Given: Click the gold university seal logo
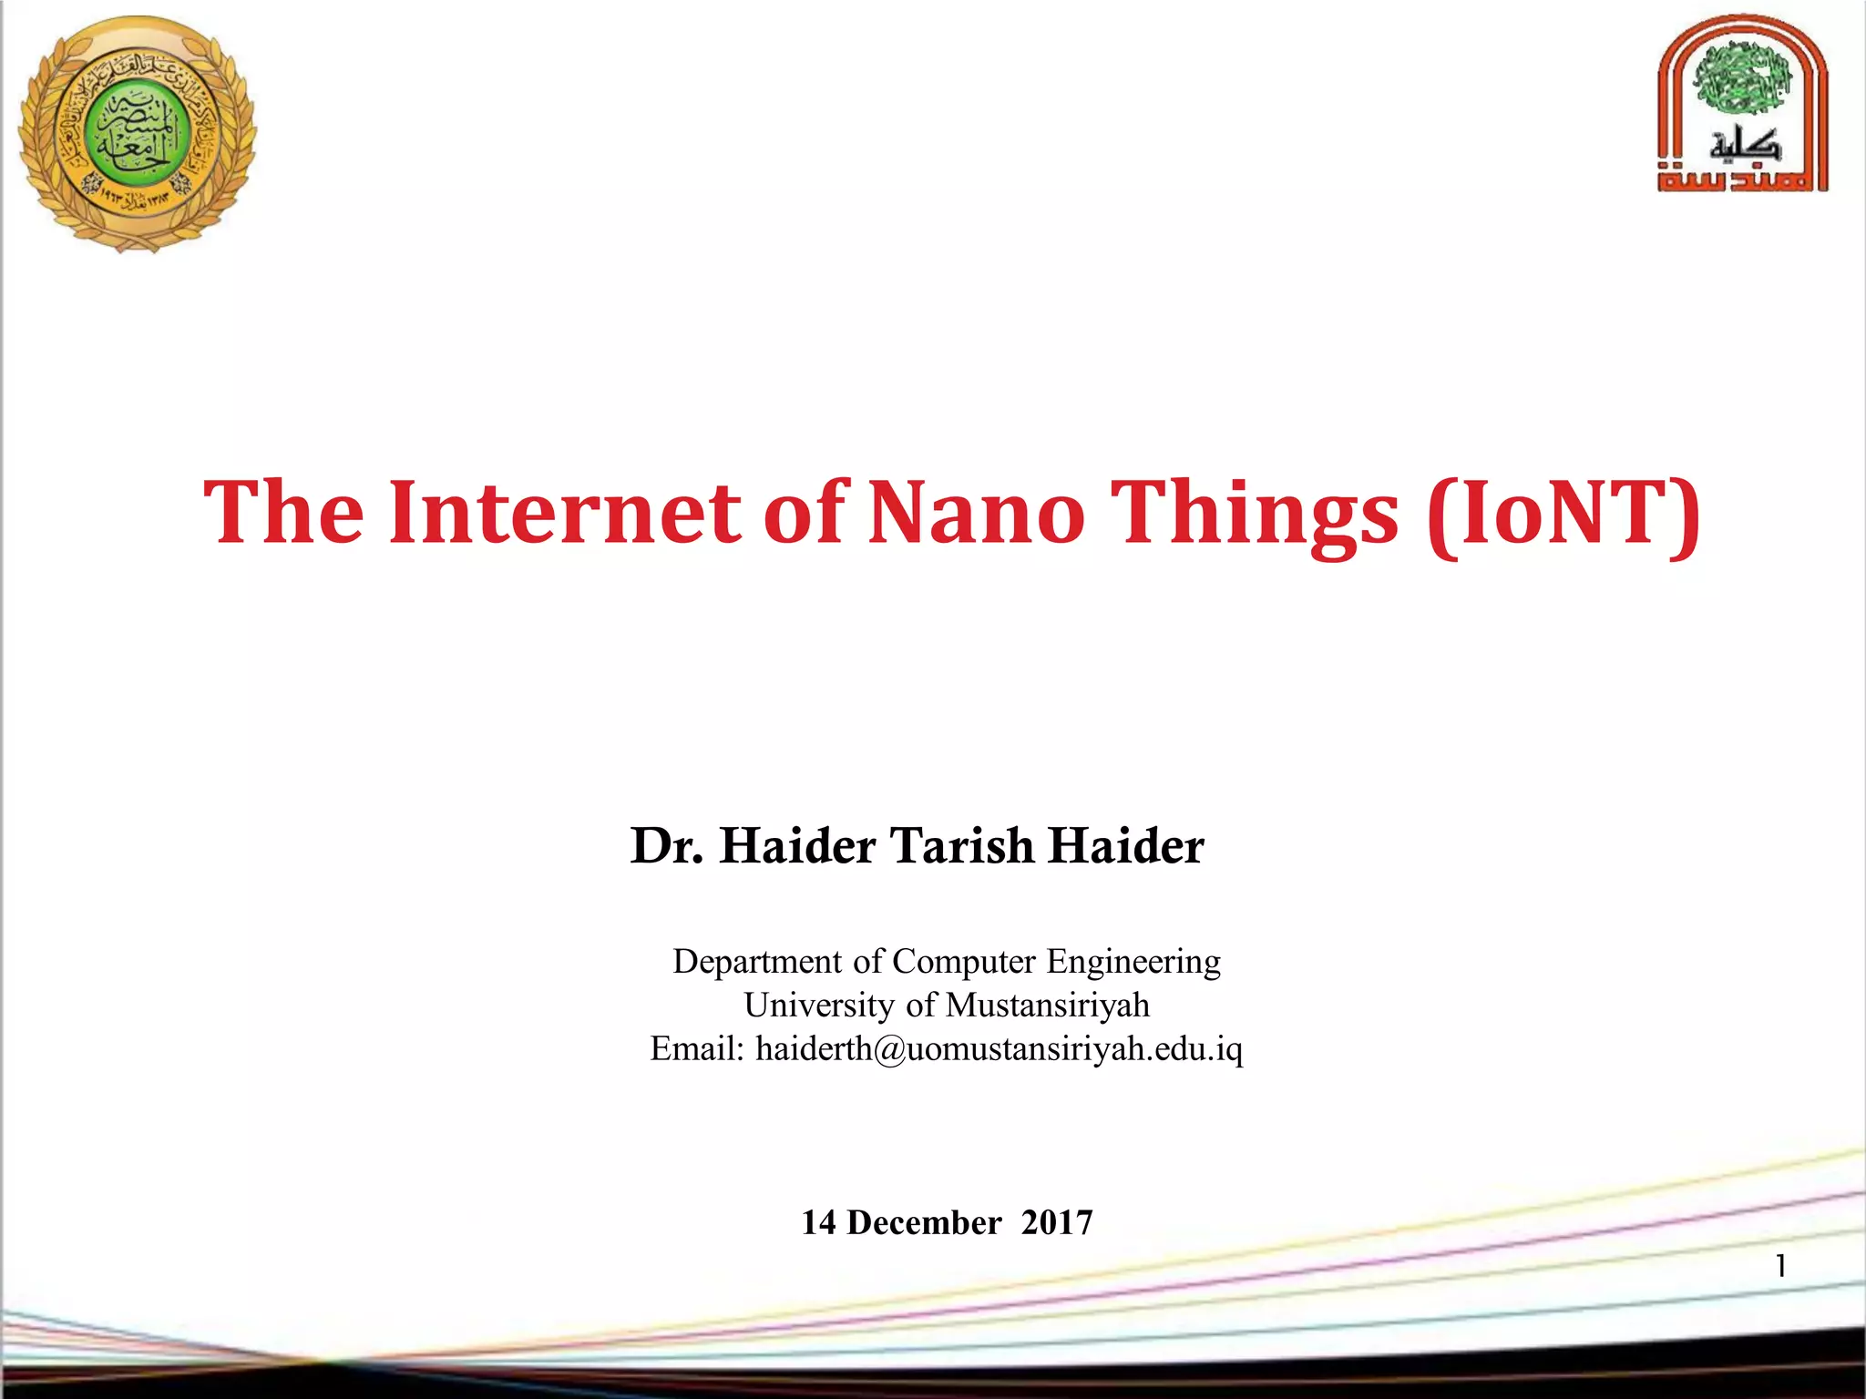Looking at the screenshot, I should pyautogui.click(x=137, y=135).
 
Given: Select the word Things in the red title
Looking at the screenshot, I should pyautogui.click(x=1257, y=515).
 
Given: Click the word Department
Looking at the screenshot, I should pyautogui.click(x=757, y=963).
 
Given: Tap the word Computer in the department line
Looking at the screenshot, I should pyautogui.click(x=964, y=963).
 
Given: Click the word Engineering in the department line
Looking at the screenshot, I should pyautogui.click(x=1133, y=963).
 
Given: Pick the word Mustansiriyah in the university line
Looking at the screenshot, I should pyautogui.click(x=1048, y=1006).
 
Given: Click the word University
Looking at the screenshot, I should pyautogui.click(x=819, y=1006).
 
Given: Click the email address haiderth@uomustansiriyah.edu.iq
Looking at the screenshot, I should pyautogui.click(x=999, y=1049).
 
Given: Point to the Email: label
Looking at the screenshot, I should pyautogui.click(x=697, y=1049).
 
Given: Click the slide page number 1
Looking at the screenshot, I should pyautogui.click(x=1780, y=1266).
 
